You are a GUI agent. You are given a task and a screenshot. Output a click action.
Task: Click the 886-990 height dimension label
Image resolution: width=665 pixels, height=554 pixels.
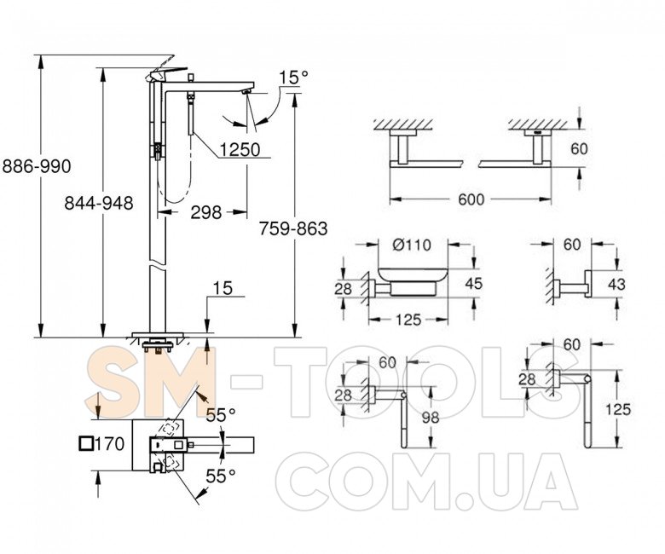pyautogui.click(x=37, y=166)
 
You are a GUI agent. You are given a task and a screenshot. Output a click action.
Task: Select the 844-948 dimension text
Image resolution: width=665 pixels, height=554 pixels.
pyautogui.click(x=99, y=203)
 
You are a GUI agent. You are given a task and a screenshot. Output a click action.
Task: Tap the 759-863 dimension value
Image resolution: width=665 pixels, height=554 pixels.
pyautogui.click(x=293, y=228)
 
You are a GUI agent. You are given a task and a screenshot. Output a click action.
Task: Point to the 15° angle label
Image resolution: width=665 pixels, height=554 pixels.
pyautogui.click(x=293, y=78)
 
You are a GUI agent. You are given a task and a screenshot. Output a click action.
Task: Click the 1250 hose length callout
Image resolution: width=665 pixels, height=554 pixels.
pyautogui.click(x=240, y=149)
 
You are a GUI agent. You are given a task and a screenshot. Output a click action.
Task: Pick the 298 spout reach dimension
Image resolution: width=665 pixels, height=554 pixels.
pyautogui.click(x=205, y=212)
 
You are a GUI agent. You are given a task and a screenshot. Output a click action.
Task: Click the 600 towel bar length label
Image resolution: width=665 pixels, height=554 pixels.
pyautogui.click(x=471, y=199)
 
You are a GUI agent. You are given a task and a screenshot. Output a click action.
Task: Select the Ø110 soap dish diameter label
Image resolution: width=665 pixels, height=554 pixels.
pyautogui.click(x=412, y=245)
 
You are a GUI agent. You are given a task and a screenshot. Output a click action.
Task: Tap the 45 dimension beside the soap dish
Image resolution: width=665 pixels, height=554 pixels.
pyautogui.click(x=473, y=283)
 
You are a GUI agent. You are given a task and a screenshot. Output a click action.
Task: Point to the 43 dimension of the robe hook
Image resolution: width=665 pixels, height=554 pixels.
pyautogui.click(x=616, y=284)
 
